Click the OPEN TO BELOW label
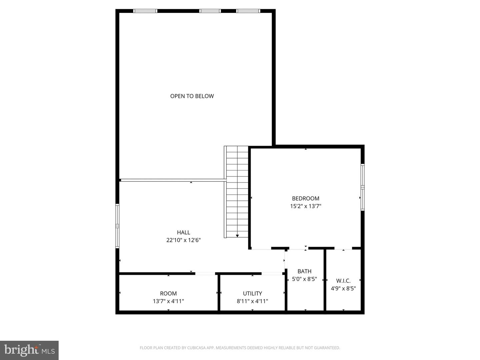pyautogui.click(x=192, y=96)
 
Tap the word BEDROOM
pyautogui.click(x=306, y=198)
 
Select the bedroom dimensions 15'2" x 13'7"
pyautogui.click(x=306, y=206)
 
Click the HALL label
pyautogui.click(x=183, y=232)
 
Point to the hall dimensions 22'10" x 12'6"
pyautogui.click(x=183, y=240)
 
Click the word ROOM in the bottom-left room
pyautogui.click(x=168, y=293)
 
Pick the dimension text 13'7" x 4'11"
pyautogui.click(x=168, y=301)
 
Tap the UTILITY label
pyautogui.click(x=252, y=293)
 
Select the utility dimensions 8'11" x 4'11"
pyautogui.click(x=252, y=301)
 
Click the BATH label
pyautogui.click(x=304, y=271)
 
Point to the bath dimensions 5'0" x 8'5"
pyautogui.click(x=304, y=279)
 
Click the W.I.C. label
pyautogui.click(x=343, y=281)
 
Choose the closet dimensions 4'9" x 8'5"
pyautogui.click(x=343, y=288)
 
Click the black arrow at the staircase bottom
pyautogui.click(x=237, y=236)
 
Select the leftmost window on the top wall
pyautogui.click(x=145, y=11)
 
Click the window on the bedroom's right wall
pyautogui.click(x=363, y=187)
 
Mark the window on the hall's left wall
pyautogui.click(x=117, y=226)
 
